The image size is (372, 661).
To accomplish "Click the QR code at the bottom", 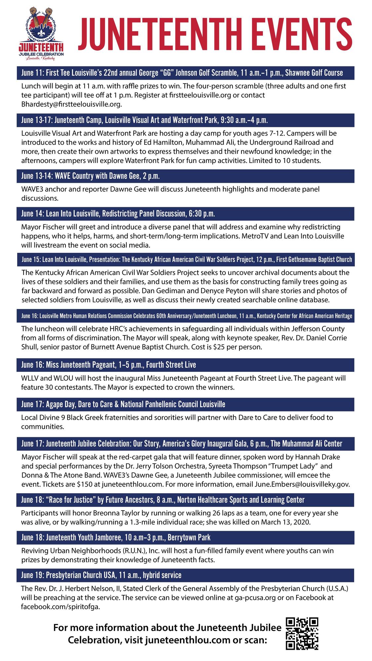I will coord(302,633).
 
